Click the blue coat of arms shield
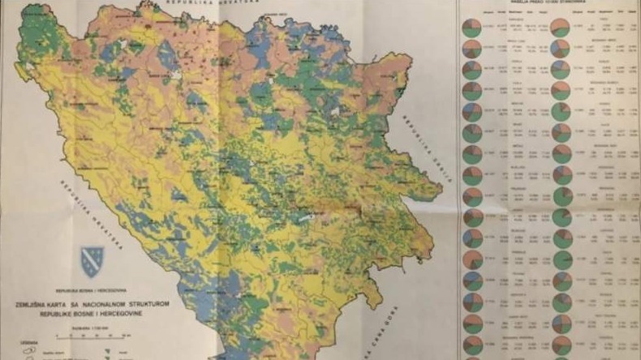[x=92, y=261]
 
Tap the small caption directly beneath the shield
[x=92, y=289]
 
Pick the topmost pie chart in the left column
[x=471, y=28]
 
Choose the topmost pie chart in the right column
[x=560, y=28]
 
